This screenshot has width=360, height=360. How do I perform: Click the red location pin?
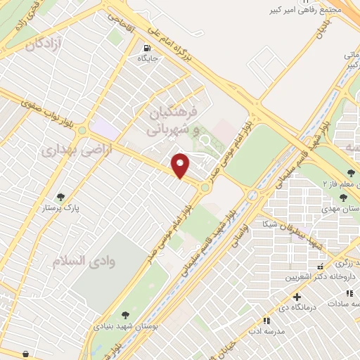pyautogui.click(x=181, y=165)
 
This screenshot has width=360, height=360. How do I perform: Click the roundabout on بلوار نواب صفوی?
pyautogui.click(x=82, y=130)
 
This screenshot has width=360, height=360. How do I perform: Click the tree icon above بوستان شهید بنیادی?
pyautogui.click(x=125, y=315)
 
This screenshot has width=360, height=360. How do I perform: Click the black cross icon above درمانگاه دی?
pyautogui.click(x=298, y=297)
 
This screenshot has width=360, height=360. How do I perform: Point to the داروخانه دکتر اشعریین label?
pyautogui.click(x=314, y=276)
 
